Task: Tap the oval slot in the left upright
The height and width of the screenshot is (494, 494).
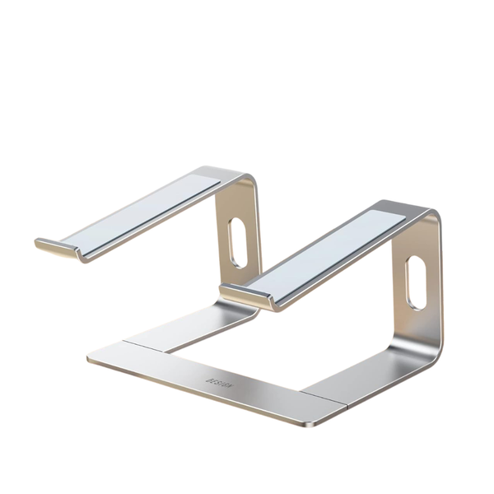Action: pos(237,243)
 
